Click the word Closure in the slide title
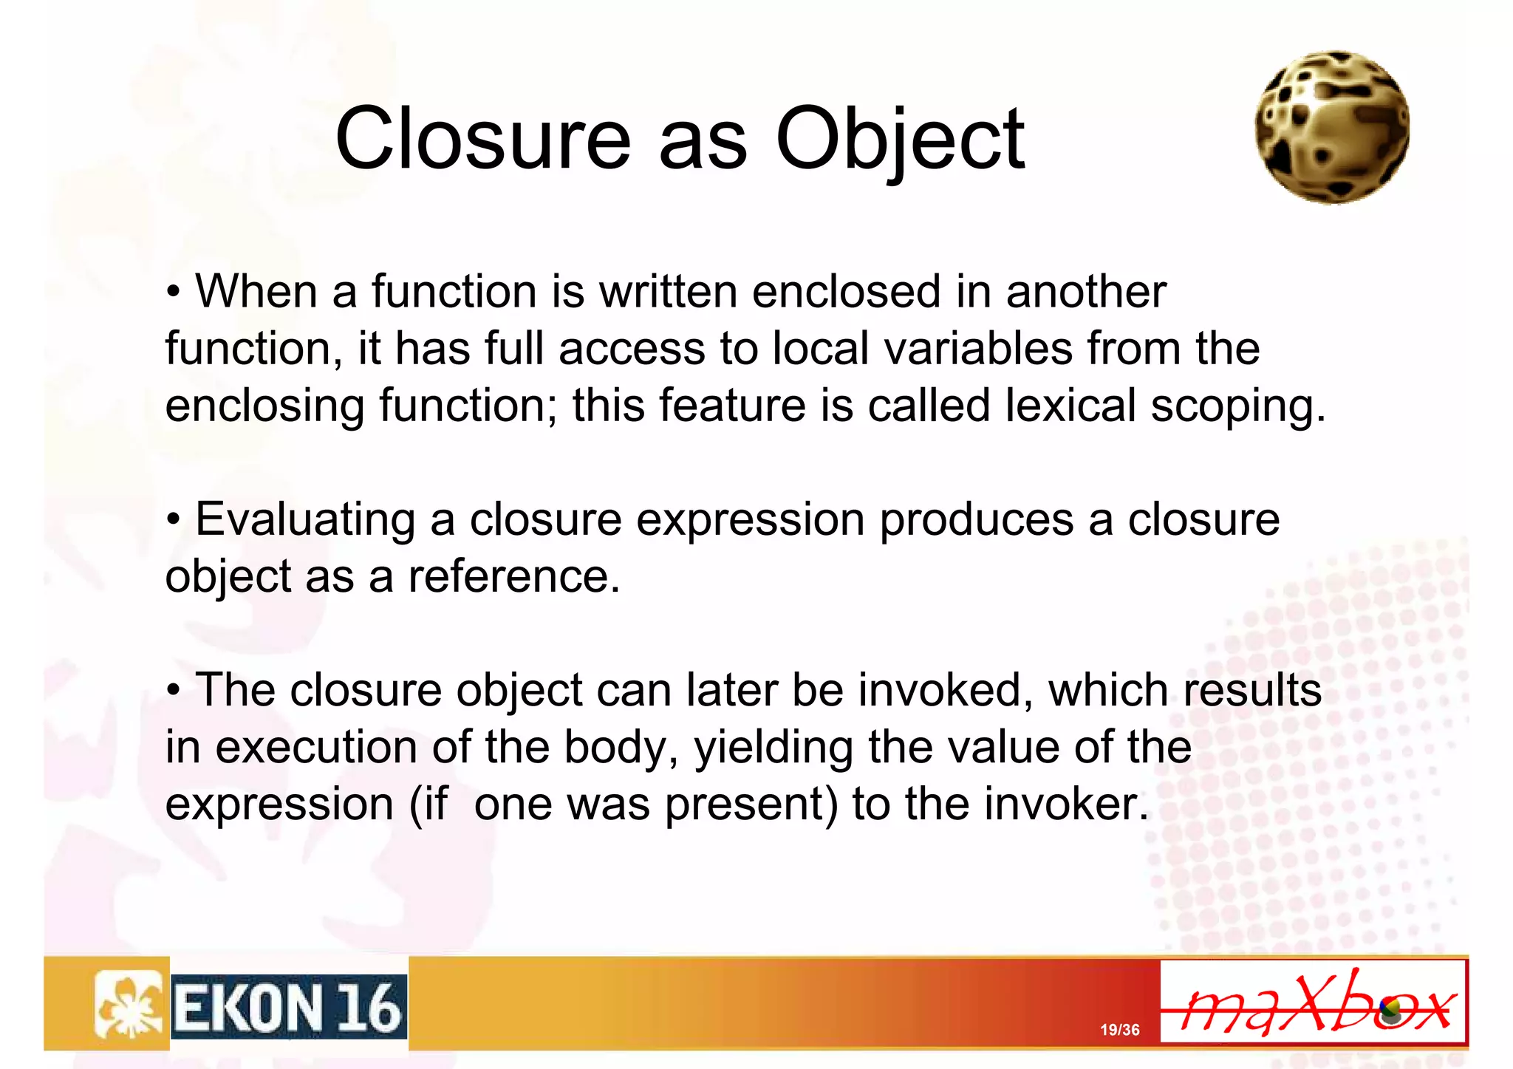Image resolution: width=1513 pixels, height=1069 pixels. click(x=482, y=138)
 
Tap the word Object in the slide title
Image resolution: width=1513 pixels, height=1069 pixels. click(x=900, y=138)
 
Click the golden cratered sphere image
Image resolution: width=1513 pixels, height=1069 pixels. click(x=1332, y=127)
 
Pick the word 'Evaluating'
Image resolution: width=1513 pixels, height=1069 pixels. click(x=304, y=520)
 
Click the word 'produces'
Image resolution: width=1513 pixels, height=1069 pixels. click(x=976, y=520)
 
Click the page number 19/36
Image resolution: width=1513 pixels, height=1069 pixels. click(x=1119, y=1030)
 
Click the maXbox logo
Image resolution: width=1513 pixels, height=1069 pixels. click(x=1313, y=1003)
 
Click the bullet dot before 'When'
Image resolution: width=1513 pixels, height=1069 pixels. click(x=173, y=293)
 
